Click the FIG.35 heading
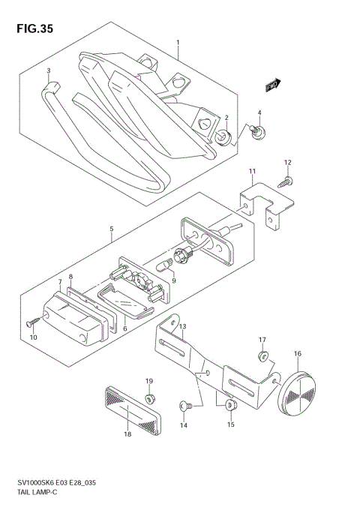[34, 29]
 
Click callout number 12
[288, 162]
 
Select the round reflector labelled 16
[297, 392]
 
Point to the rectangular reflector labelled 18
[132, 410]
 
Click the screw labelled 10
[33, 322]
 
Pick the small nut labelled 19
[149, 397]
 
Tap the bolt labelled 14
[186, 405]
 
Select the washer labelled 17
[263, 356]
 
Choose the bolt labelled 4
[257, 133]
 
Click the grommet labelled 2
[223, 137]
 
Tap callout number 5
[111, 229]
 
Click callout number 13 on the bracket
[182, 326]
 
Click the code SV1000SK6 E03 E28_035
[56, 483]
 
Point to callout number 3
[49, 70]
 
